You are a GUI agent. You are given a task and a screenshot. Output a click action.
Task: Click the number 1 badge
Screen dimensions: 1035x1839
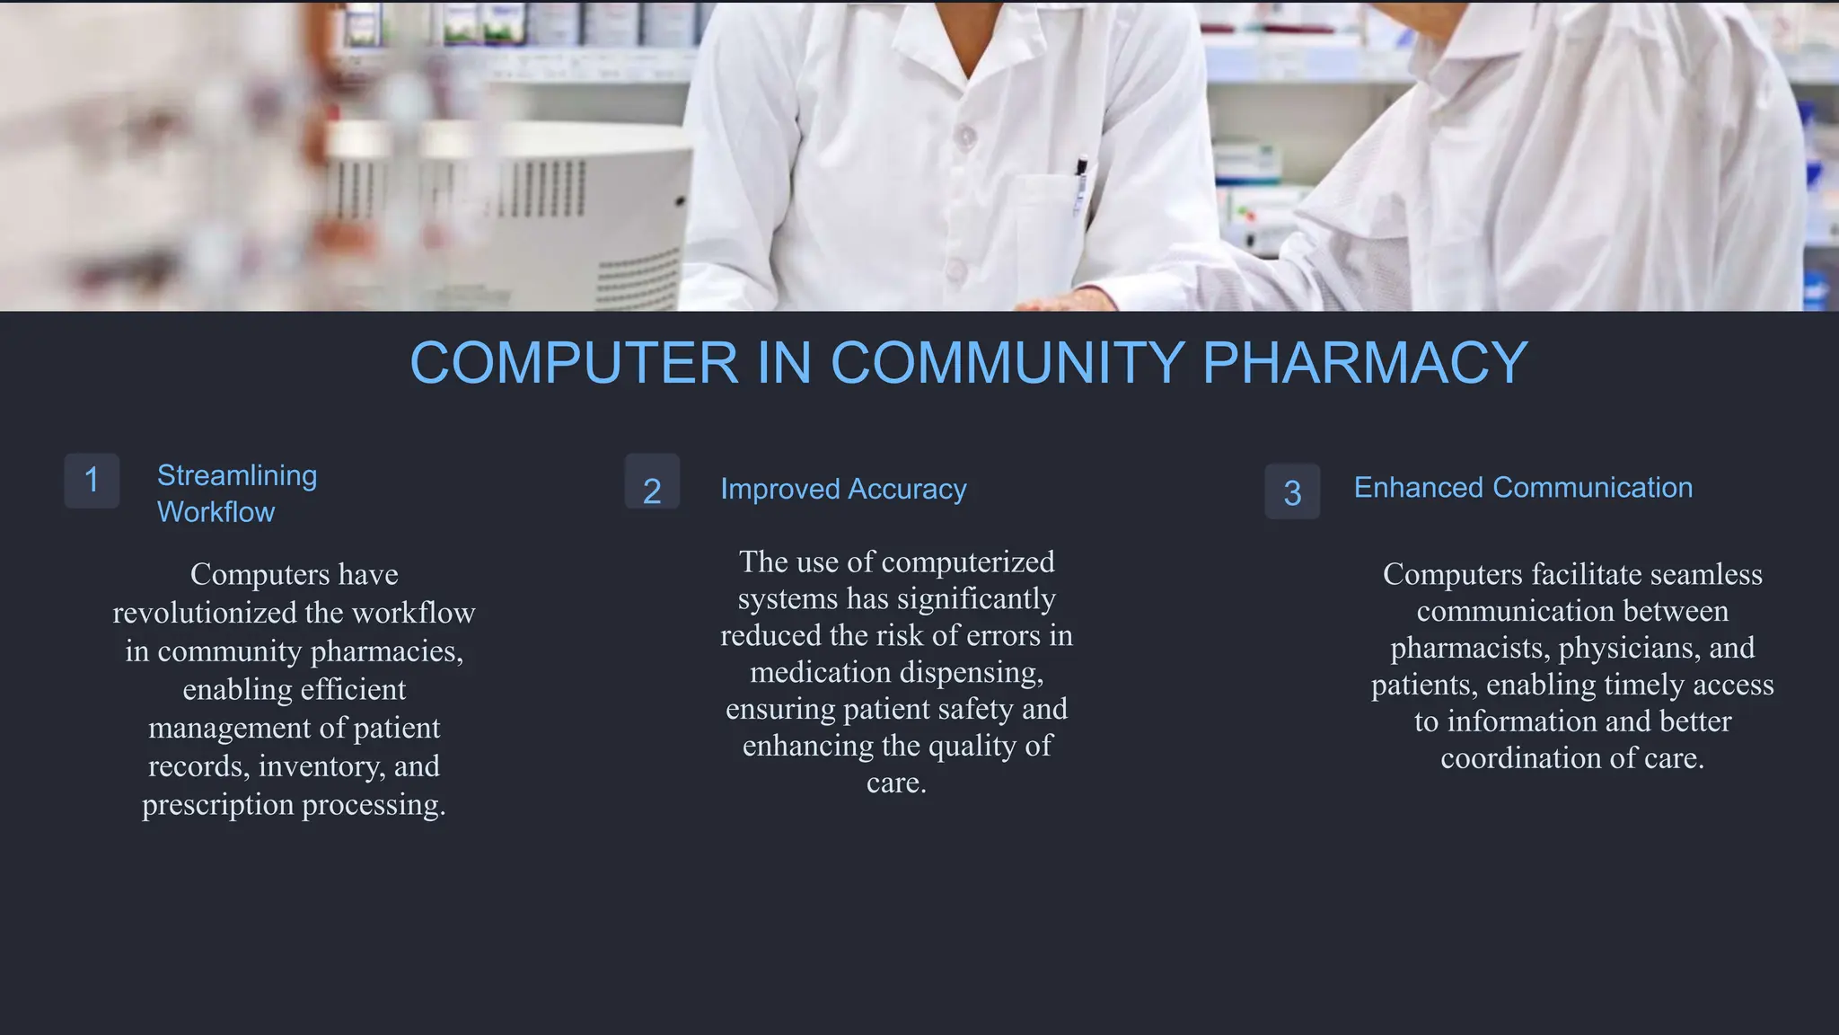[92, 481]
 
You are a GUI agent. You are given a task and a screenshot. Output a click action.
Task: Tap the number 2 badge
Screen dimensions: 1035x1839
[652, 491]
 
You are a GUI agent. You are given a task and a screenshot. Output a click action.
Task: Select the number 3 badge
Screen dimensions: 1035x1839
[1292, 492]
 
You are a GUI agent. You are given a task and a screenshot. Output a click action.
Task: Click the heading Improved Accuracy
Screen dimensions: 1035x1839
[843, 490]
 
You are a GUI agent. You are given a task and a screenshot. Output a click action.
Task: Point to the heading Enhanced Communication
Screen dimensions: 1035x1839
[1523, 488]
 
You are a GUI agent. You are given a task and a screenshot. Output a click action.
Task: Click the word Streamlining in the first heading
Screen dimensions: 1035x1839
[237, 475]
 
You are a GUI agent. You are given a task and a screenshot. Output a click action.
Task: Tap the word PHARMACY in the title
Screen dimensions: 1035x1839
[1364, 363]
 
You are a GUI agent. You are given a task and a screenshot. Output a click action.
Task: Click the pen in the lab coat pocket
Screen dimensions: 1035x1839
[1081, 184]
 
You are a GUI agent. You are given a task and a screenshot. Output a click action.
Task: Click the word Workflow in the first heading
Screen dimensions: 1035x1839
[216, 512]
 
